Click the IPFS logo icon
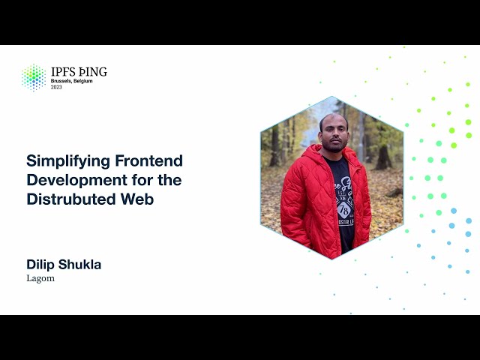33,76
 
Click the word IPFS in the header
64,72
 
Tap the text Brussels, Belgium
72,81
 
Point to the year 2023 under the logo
57,87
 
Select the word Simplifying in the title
62,160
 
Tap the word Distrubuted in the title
69,199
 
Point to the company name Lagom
40,278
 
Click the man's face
333,134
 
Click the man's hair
334,118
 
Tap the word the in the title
168,180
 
